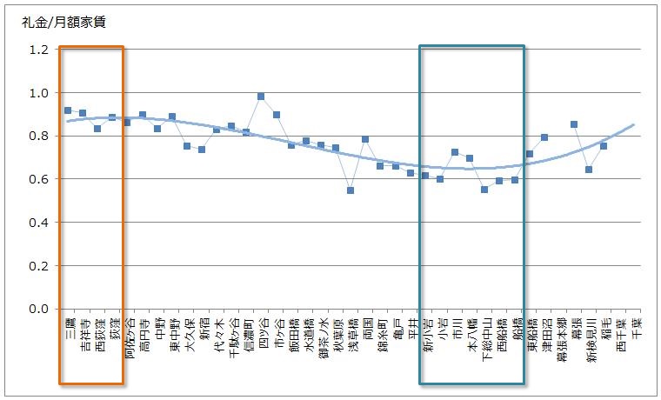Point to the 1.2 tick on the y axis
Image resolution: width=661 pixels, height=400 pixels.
click(x=38, y=50)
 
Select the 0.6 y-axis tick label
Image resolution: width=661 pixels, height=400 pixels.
click(x=38, y=179)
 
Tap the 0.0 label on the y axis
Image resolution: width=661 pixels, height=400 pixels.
click(x=38, y=309)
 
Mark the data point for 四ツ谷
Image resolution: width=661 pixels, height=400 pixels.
click(x=261, y=97)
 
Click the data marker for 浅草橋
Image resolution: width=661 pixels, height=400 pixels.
click(x=351, y=190)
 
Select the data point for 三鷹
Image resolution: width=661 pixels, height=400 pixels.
click(x=68, y=110)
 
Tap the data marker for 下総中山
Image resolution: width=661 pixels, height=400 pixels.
click(x=484, y=190)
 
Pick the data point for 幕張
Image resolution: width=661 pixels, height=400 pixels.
click(x=574, y=124)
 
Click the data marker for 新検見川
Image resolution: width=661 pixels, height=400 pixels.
click(x=589, y=170)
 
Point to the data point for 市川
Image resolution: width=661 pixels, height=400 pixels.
click(x=455, y=152)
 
